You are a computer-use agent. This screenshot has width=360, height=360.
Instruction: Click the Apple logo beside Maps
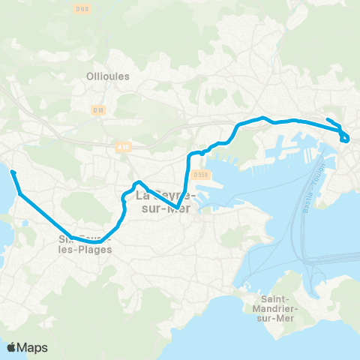click(12, 347)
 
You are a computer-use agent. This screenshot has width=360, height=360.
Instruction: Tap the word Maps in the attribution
click(32, 347)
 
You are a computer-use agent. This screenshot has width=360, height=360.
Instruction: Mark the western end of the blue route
click(12, 172)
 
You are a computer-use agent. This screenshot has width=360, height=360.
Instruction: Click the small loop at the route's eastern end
click(344, 137)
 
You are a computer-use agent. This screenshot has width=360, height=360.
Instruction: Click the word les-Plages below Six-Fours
click(85, 250)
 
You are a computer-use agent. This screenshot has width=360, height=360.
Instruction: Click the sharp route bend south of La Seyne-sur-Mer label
click(176, 208)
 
